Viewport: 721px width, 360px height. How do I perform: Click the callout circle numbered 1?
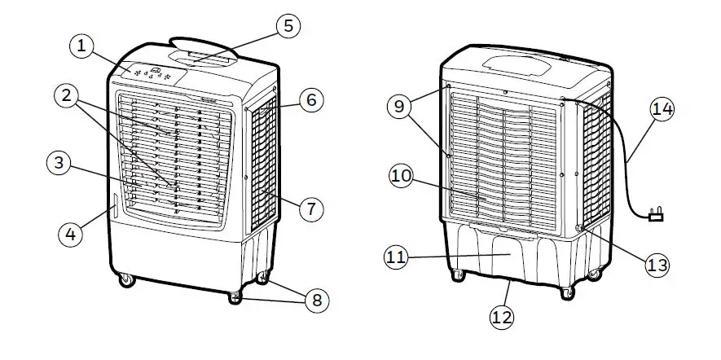point(81,46)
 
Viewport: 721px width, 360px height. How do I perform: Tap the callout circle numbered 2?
point(68,97)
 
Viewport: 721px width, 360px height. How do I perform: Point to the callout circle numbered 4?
point(70,235)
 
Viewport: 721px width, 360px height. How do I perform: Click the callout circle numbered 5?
point(287,25)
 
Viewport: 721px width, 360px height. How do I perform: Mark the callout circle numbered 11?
point(396,257)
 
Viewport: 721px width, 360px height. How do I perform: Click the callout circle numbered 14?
point(663,109)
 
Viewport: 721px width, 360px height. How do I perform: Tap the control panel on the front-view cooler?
point(152,73)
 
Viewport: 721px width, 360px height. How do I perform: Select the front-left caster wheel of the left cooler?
point(126,280)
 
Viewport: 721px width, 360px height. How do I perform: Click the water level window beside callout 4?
point(115,209)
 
